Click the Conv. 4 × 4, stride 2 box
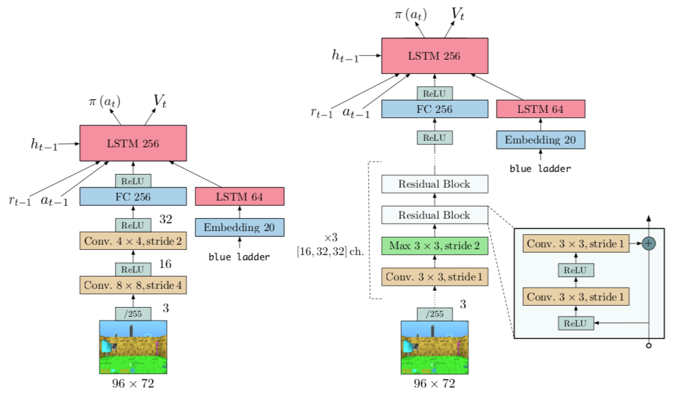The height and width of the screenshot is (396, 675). pos(133,241)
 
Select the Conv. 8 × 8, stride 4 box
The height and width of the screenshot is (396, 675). pos(133,284)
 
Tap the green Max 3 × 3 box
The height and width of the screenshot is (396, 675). pos(434,246)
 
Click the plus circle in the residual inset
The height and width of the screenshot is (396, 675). pos(649,244)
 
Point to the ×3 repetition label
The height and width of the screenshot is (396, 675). pos(331,238)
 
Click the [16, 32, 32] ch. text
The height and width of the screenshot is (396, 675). pos(330,252)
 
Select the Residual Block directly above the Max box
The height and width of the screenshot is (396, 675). pos(434,215)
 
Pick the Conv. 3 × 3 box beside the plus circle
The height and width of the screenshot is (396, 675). pos(576,244)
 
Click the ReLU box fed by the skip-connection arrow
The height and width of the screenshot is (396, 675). pos(576,322)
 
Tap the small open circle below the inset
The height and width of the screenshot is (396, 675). pos(649,346)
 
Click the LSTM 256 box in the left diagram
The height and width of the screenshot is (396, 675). pos(133,143)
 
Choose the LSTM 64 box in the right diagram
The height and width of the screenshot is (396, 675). pos(540,109)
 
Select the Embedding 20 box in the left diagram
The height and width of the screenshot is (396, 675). pos(239,227)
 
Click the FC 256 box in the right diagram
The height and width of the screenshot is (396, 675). pos(434,109)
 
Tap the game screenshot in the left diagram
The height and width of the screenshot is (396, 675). pos(133,347)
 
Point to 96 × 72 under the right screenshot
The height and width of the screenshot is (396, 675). pos(434,383)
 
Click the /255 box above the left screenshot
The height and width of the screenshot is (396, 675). pos(133,314)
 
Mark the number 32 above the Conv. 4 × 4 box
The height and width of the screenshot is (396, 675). pos(167,219)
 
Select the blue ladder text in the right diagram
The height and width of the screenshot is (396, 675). pos(540,168)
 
